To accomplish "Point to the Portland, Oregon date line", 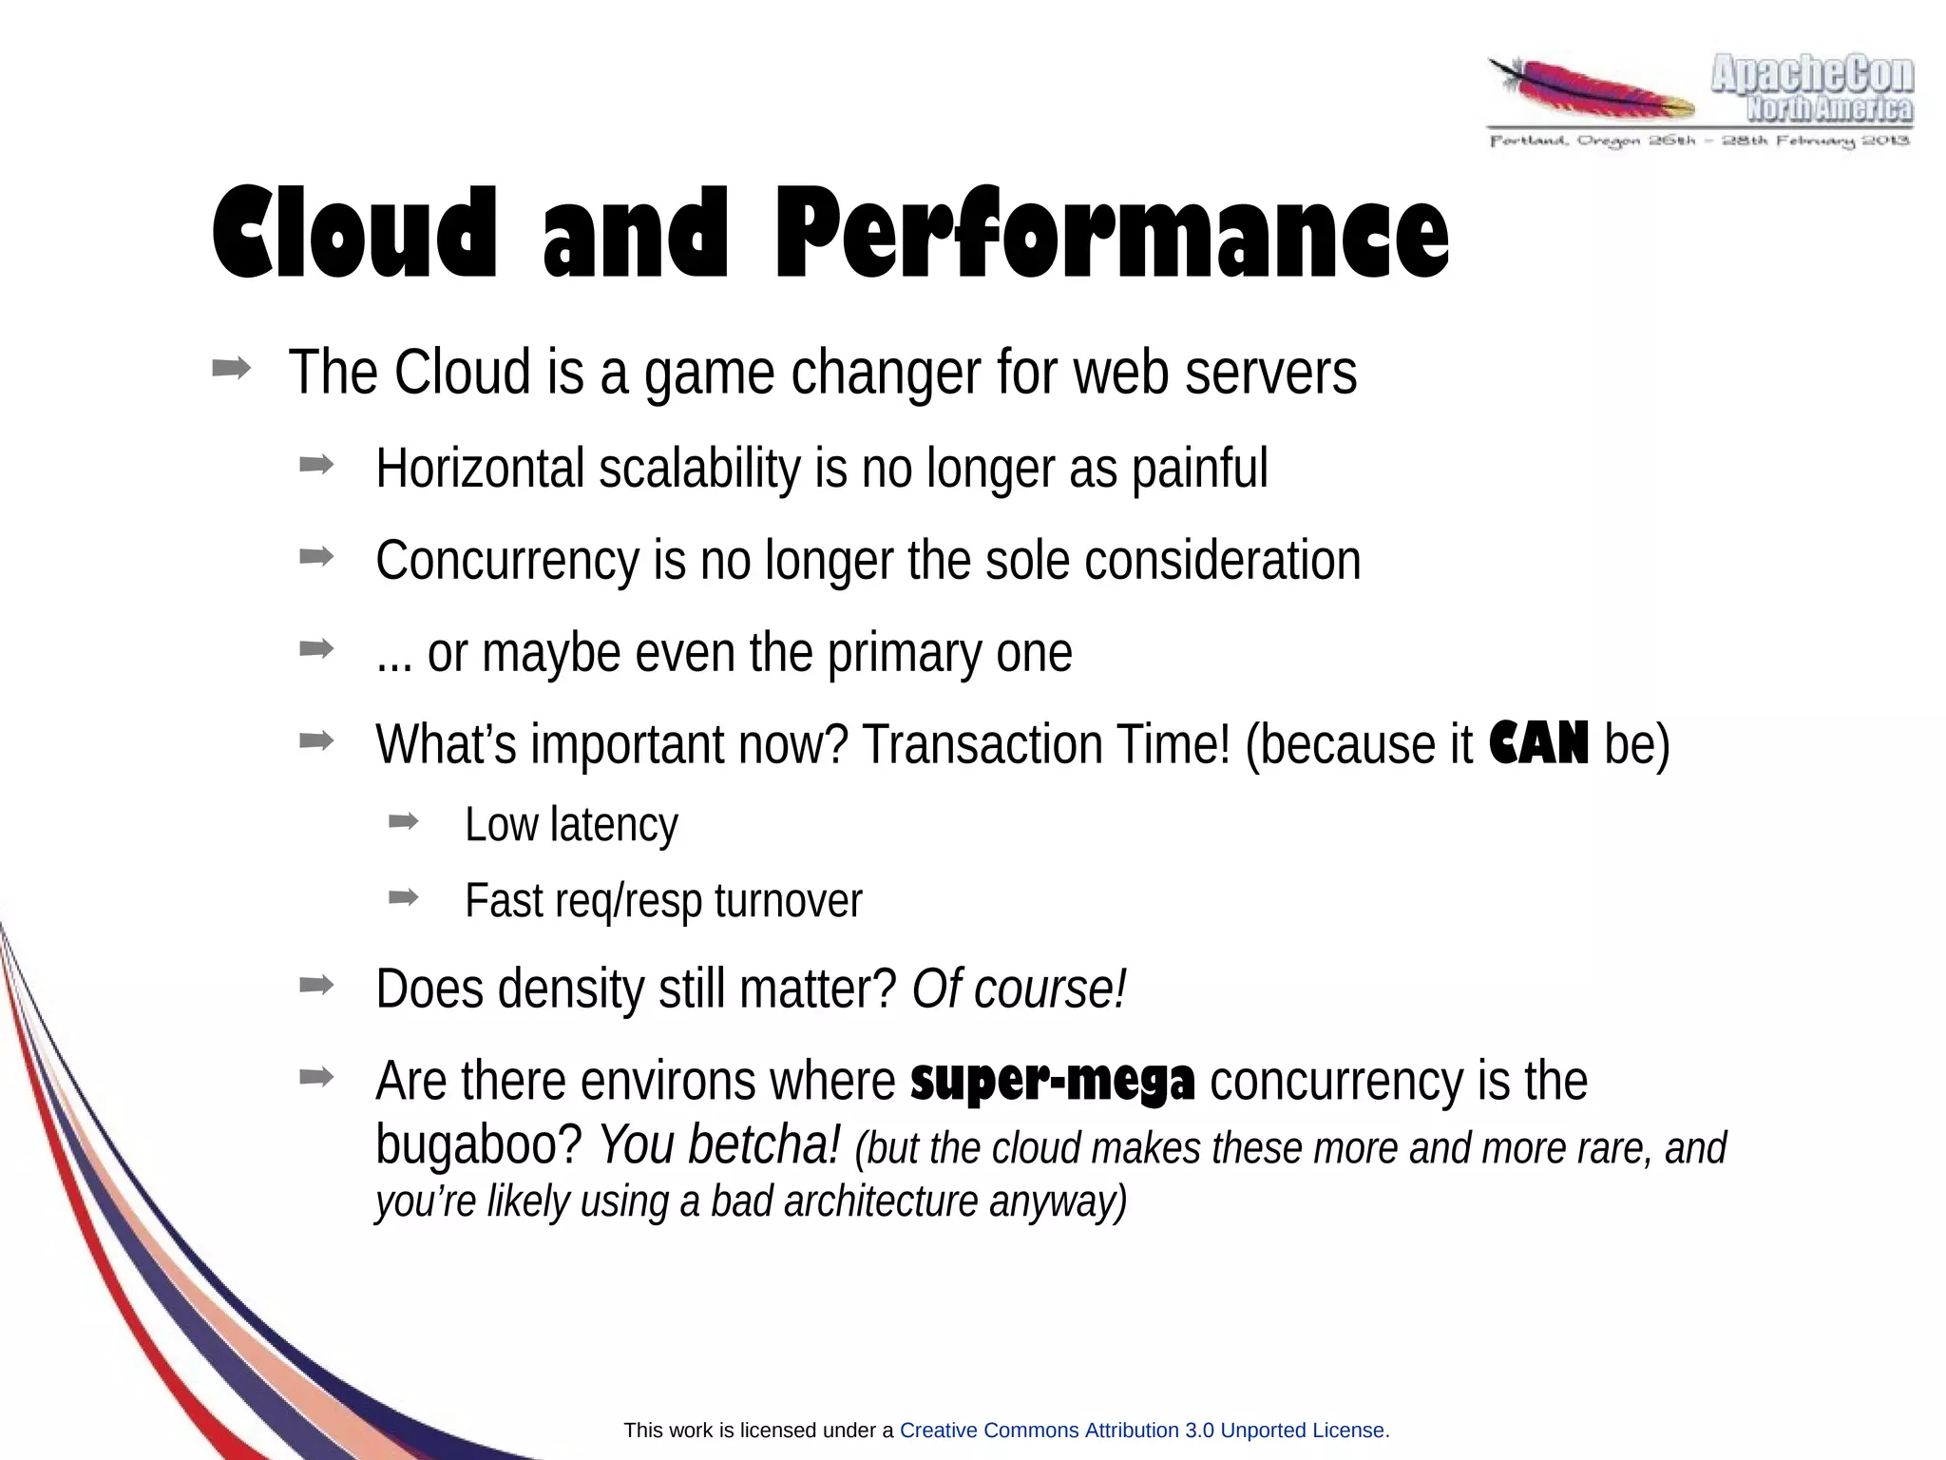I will tap(1699, 142).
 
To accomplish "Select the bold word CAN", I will tap(1537, 743).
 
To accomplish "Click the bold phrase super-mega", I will tap(1052, 1082).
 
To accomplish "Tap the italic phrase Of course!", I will tap(1019, 989).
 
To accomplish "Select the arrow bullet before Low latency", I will tap(403, 822).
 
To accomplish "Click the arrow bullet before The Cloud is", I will tap(232, 369).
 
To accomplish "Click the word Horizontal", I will tap(480, 469).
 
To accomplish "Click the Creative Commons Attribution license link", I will tap(1143, 1430).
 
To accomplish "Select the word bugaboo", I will tap(478, 1145).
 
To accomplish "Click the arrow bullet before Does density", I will tap(315, 986).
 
